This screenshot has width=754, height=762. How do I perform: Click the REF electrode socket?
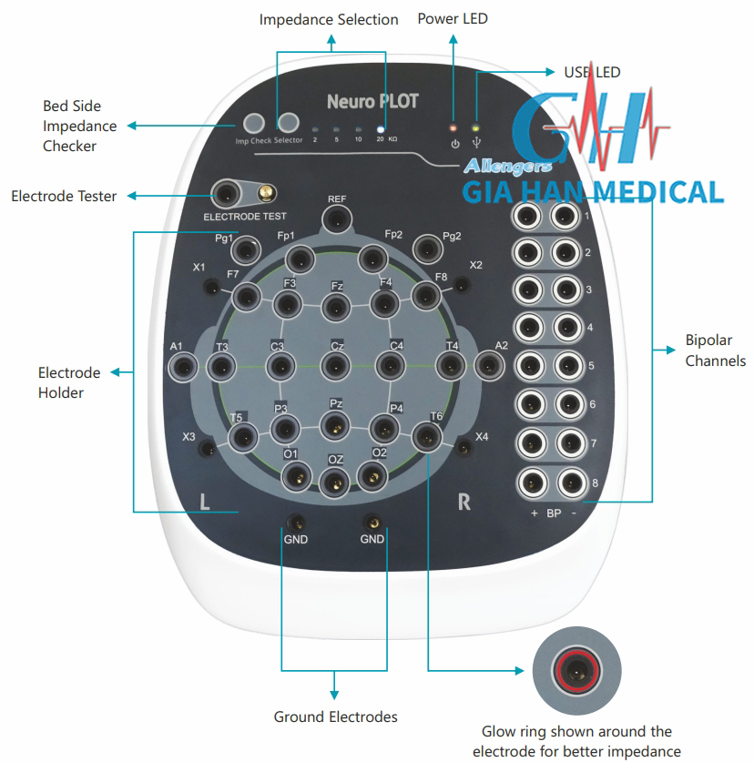[338, 218]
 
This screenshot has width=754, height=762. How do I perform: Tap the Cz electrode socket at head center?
[335, 366]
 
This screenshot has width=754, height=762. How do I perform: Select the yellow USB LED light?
[475, 127]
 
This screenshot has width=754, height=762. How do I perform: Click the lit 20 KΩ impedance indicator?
[381, 129]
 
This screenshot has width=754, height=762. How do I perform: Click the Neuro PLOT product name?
[372, 101]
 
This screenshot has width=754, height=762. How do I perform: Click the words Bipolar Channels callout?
[715, 351]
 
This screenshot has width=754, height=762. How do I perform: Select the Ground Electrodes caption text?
[335, 716]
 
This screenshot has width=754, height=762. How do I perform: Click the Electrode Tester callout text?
[64, 196]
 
